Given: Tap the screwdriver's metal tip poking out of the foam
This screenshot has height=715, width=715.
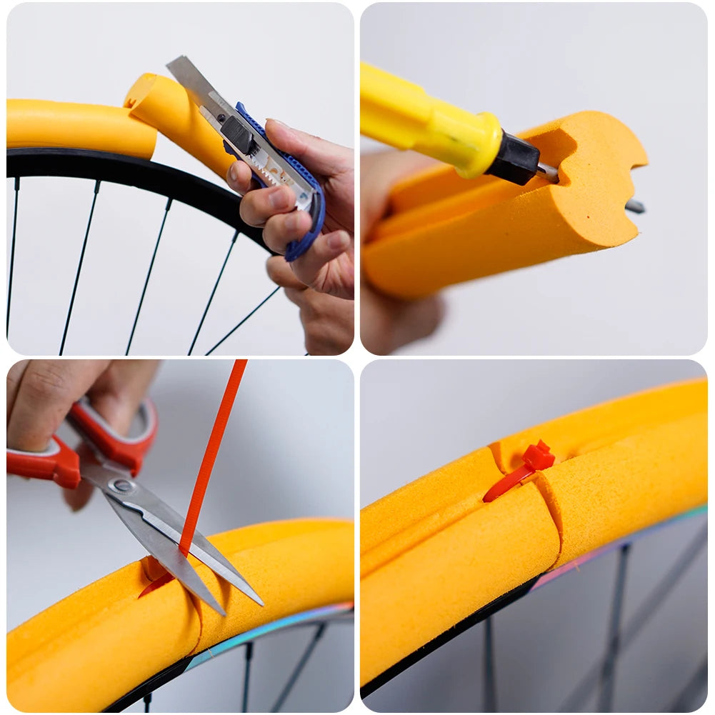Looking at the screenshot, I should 634,207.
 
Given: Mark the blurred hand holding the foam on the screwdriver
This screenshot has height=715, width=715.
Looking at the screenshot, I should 400,314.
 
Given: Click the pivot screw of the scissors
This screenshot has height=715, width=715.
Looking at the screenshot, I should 122,486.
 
